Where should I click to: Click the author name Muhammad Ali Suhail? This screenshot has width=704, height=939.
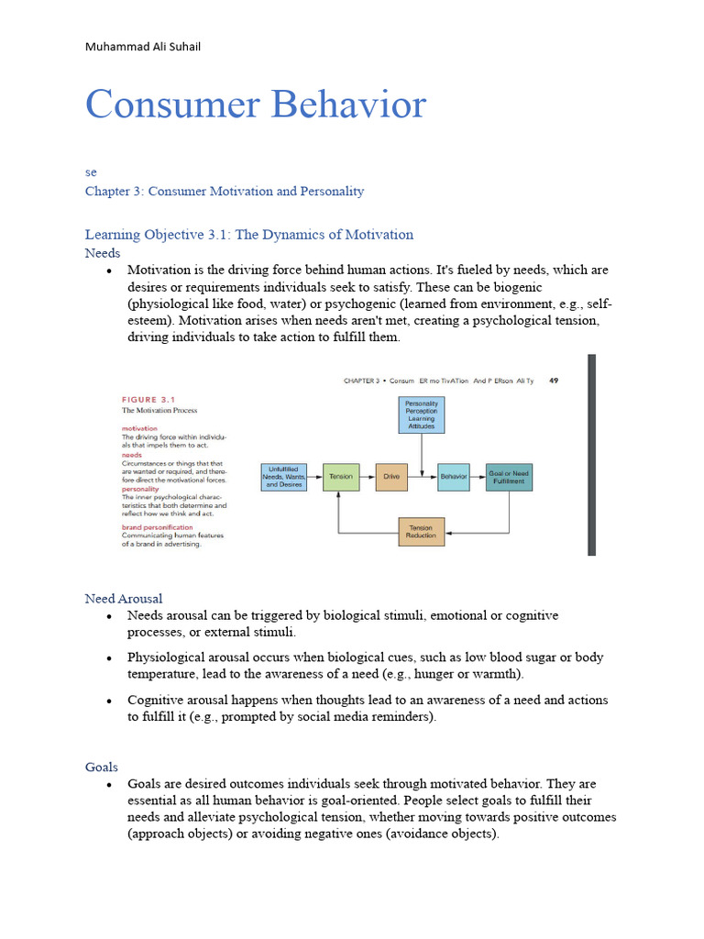tap(142, 46)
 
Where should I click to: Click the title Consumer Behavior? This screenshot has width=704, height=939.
tap(256, 105)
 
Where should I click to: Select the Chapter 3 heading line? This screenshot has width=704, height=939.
tap(225, 191)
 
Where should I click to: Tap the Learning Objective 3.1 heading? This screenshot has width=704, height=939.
tap(248, 234)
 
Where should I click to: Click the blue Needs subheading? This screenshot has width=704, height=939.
tap(103, 252)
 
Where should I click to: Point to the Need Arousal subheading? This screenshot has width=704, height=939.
tap(124, 598)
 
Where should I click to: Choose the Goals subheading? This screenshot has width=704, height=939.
tap(102, 767)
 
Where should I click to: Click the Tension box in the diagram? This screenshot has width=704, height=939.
tap(340, 477)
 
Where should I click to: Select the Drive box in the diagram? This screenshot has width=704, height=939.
tap(391, 477)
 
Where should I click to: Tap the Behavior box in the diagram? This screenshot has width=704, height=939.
tap(453, 477)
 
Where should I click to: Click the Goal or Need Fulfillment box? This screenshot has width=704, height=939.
tap(508, 477)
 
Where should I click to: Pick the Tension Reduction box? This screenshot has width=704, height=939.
tap(421, 532)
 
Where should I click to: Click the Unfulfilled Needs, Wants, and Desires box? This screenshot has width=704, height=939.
tap(283, 477)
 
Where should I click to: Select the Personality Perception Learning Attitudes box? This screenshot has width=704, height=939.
tap(421, 414)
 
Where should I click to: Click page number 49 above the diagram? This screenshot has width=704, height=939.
tap(554, 379)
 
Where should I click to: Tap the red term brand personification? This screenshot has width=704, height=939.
tap(157, 527)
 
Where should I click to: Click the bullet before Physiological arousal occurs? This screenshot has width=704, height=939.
tap(109, 658)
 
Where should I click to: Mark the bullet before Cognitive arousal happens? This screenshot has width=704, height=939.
tap(109, 701)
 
